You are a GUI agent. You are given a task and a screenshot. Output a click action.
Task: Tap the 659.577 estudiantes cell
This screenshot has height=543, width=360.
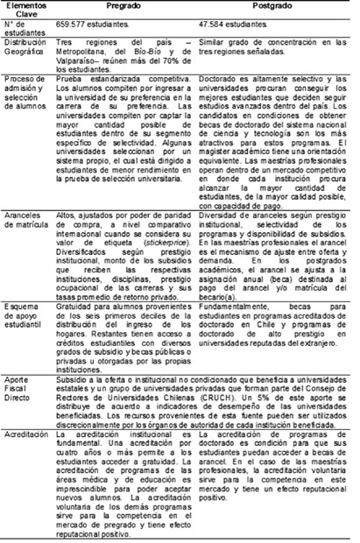(116, 26)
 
